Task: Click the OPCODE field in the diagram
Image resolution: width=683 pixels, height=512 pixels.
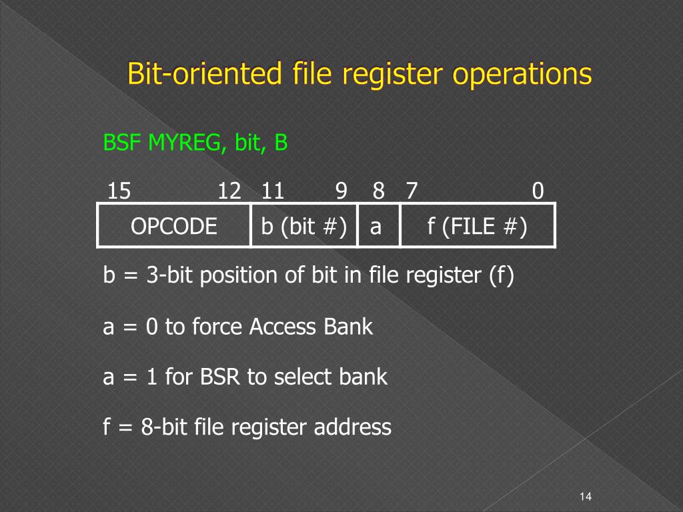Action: (174, 227)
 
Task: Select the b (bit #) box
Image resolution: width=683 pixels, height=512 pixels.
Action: (303, 227)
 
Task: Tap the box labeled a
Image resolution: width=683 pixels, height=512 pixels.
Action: (376, 227)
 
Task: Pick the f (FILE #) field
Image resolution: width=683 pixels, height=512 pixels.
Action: (477, 227)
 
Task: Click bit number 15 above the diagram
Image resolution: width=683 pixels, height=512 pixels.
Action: (119, 192)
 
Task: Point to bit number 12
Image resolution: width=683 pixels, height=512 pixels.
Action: (229, 192)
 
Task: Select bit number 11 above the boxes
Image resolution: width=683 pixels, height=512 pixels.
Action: (272, 192)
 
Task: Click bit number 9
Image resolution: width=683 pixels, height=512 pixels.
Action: (341, 192)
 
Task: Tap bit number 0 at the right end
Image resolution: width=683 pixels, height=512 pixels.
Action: (538, 192)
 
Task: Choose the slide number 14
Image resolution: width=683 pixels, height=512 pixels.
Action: (586, 496)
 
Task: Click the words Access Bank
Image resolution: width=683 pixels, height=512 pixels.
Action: (311, 327)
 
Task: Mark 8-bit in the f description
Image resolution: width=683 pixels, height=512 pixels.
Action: (165, 427)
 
